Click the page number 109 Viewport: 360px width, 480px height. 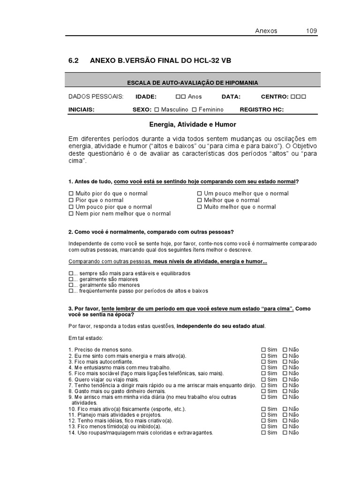click(312, 31)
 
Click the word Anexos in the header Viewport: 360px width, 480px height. click(266, 31)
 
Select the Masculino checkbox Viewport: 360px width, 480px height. click(157, 110)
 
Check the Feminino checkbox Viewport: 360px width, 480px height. click(194, 110)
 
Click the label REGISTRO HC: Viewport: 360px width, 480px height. click(262, 110)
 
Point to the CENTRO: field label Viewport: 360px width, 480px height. click(275, 97)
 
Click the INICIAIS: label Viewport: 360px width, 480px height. click(82, 110)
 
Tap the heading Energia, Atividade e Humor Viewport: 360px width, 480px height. click(193, 125)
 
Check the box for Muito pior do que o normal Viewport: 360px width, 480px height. click(71, 194)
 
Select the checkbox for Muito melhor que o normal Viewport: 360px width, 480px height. click(200, 207)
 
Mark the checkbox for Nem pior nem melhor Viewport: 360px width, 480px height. click(71, 214)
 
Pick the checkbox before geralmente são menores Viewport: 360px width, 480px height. click(71, 285)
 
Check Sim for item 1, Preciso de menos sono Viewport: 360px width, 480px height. click(263, 350)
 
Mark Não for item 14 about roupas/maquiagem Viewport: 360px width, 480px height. click(285, 433)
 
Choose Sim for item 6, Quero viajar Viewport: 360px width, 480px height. click(263, 380)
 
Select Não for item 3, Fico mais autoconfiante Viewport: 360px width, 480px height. click(285, 362)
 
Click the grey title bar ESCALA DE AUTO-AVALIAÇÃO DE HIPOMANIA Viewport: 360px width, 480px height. click(193, 82)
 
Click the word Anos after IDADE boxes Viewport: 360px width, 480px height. click(195, 97)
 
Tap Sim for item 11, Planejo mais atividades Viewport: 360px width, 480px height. click(263, 415)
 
